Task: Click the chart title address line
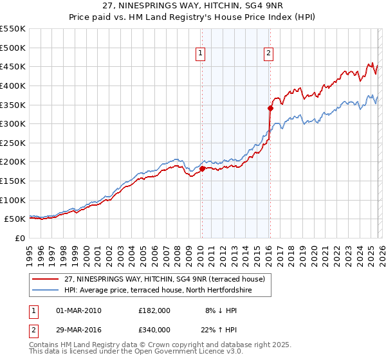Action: [192, 6]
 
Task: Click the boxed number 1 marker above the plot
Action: [201, 54]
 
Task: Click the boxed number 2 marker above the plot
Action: [268, 54]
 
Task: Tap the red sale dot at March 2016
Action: [270, 108]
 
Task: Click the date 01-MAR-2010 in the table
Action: [78, 310]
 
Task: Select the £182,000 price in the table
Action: [154, 310]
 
